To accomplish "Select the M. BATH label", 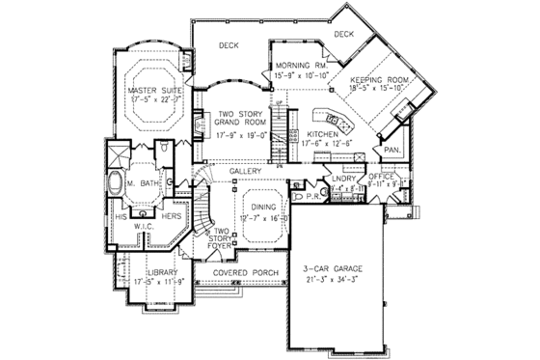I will (x=148, y=182).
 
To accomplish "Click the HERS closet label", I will (x=172, y=217).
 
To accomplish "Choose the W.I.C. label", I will (x=144, y=228).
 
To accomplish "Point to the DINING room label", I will (x=265, y=208).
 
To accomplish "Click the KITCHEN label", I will (x=322, y=135).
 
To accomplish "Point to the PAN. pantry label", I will (x=392, y=151).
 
